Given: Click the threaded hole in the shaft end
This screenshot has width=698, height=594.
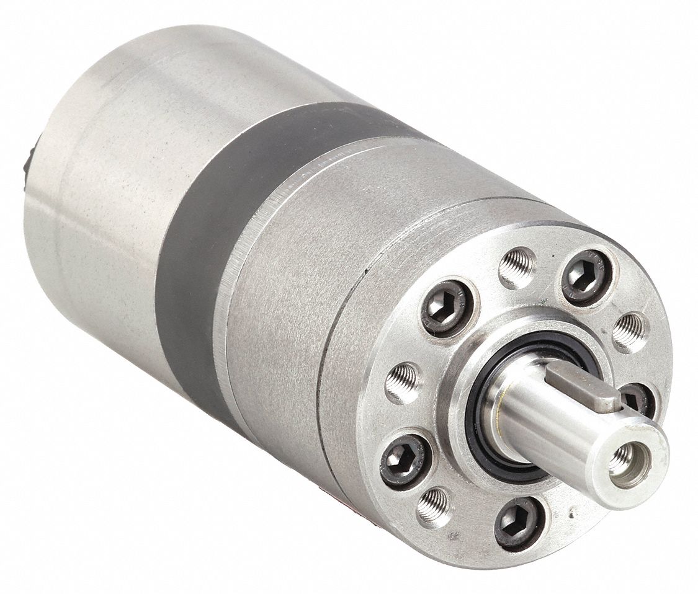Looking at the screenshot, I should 621,460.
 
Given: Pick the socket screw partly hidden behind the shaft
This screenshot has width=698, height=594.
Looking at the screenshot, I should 637,399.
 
